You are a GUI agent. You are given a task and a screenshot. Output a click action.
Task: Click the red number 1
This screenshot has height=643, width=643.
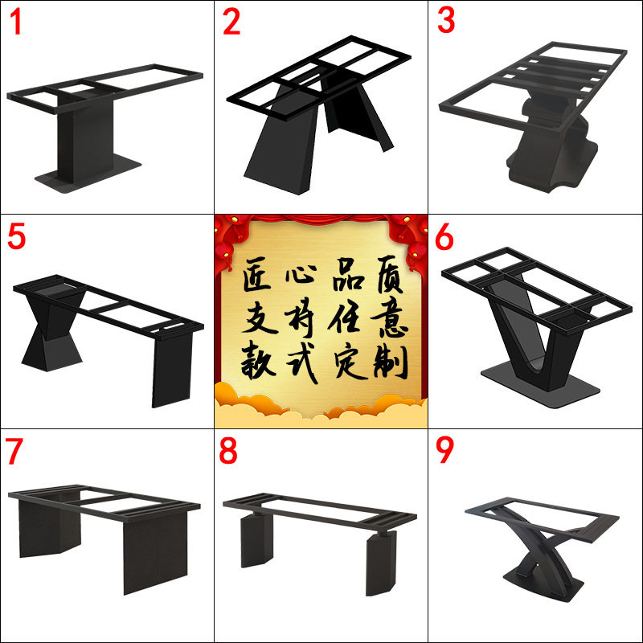[15, 22]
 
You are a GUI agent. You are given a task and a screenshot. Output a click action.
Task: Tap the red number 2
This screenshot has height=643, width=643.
[231, 22]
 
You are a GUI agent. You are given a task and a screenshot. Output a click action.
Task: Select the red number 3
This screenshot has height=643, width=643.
[446, 20]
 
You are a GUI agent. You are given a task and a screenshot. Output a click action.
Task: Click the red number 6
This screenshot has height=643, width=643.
[444, 238]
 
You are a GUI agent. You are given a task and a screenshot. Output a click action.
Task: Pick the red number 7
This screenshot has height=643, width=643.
[14, 452]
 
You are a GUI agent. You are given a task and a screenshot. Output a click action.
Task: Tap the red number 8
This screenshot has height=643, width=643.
[228, 451]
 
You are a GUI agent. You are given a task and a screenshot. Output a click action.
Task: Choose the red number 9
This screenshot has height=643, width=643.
[445, 450]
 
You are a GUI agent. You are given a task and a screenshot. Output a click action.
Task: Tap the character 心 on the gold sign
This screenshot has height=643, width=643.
[301, 273]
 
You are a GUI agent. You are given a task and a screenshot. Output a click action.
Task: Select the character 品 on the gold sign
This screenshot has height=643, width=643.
[348, 273]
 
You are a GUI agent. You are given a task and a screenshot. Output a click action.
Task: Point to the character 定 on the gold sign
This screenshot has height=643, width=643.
[350, 362]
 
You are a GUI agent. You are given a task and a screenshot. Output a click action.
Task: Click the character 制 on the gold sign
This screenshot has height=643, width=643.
[391, 362]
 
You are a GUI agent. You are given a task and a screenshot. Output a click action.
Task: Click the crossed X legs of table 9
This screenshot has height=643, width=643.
[541, 546]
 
